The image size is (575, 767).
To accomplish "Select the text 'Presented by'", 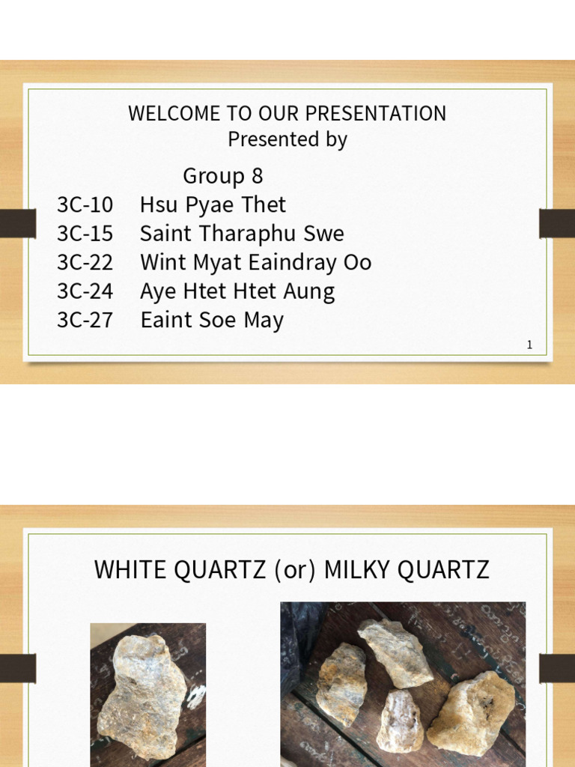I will click(287, 140).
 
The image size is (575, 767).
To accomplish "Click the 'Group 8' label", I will click(223, 177).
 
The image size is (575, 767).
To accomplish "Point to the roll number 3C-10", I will click(85, 205).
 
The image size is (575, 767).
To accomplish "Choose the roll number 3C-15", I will click(85, 234).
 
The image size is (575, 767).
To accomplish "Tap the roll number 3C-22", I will click(85, 263).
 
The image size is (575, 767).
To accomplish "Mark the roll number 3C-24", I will click(85, 291).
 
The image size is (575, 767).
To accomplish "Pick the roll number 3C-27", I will click(85, 321).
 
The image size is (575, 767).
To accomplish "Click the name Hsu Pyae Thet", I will click(213, 205).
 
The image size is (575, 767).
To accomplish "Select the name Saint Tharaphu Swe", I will click(242, 234).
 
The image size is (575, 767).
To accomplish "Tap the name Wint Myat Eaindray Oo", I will click(256, 263).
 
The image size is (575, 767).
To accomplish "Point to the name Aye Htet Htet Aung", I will click(237, 291).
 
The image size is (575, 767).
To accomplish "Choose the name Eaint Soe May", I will click(213, 321).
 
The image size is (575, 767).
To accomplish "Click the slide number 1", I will click(530, 345).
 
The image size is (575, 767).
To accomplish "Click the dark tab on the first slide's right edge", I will click(557, 222).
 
